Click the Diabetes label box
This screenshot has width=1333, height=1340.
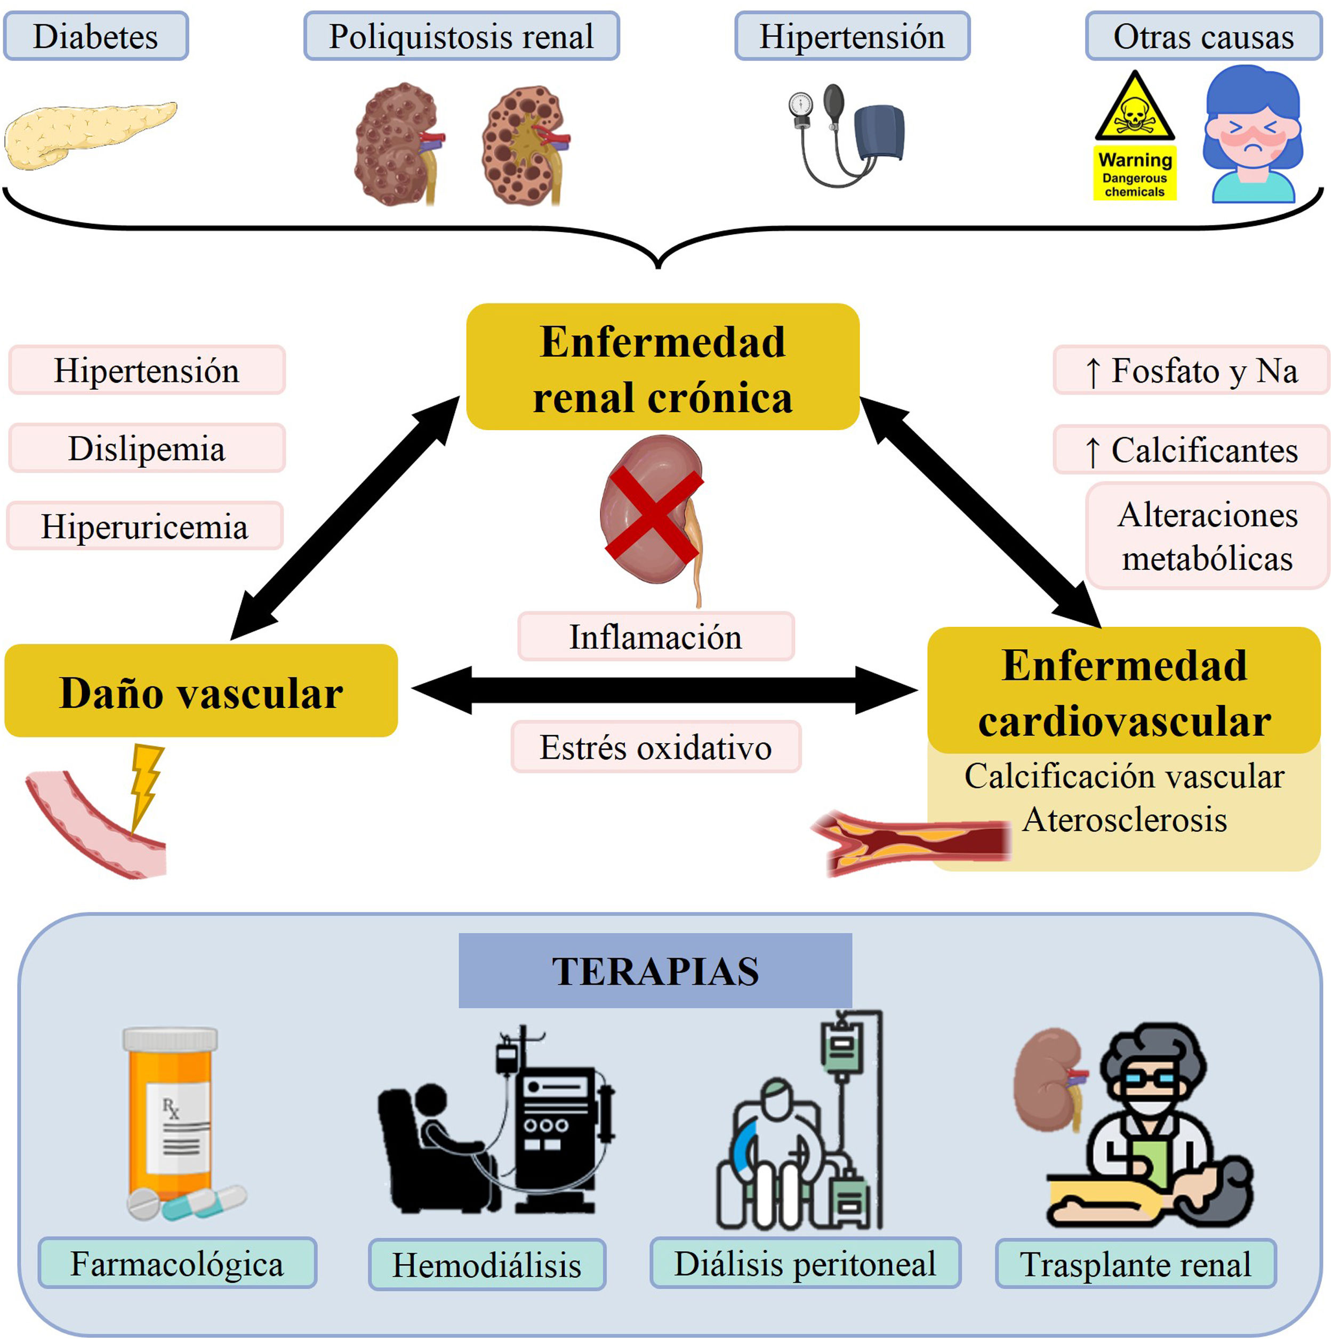[96, 36]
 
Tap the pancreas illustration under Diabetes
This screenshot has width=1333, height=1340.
[90, 135]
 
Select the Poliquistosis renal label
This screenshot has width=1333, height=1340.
[461, 36]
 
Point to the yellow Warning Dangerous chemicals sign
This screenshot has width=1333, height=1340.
[1135, 136]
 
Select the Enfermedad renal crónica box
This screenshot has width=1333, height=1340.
[663, 367]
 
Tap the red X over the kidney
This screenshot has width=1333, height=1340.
[654, 513]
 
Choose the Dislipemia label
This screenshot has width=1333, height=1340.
[147, 448]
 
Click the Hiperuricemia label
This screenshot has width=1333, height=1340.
[145, 527]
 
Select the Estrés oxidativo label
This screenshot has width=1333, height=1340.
[656, 747]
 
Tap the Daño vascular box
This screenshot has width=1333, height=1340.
[201, 691]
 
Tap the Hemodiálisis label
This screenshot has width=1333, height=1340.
[487, 1264]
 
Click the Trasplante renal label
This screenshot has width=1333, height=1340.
[1136, 1264]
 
